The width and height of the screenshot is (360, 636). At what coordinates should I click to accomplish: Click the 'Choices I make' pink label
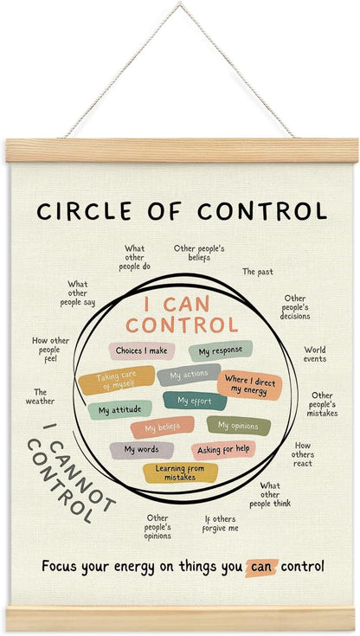click(x=142, y=350)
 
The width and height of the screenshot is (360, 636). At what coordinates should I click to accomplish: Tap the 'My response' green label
click(x=221, y=350)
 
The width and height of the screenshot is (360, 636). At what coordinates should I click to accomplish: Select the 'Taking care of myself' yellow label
click(x=117, y=381)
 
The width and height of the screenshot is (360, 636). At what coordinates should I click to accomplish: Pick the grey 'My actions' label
click(x=189, y=375)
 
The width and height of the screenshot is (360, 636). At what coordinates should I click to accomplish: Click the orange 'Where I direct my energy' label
click(x=249, y=385)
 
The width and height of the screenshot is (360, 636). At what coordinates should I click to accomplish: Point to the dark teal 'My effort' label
click(x=195, y=402)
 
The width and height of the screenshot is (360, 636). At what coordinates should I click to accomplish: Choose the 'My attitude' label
click(x=119, y=410)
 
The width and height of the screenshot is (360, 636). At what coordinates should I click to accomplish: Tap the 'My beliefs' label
click(x=163, y=427)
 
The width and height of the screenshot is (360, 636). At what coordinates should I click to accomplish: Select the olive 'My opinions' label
click(x=239, y=426)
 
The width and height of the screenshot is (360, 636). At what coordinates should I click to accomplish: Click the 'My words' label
click(x=142, y=450)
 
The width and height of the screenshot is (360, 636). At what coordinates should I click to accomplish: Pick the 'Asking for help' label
click(x=223, y=450)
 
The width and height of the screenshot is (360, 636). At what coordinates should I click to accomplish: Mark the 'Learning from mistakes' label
click(x=180, y=473)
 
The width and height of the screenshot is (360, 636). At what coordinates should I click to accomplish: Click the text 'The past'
click(x=258, y=272)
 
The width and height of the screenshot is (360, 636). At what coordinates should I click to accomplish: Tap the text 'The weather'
click(x=40, y=396)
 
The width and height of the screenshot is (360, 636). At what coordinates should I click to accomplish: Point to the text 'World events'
click(x=315, y=354)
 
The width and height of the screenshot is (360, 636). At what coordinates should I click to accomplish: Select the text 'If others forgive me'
click(x=221, y=524)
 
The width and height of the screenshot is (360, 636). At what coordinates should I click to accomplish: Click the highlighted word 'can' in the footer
click(x=262, y=567)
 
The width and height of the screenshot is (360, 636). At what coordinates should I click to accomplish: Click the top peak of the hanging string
click(x=179, y=3)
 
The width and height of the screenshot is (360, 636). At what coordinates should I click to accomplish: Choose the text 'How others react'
click(x=303, y=454)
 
